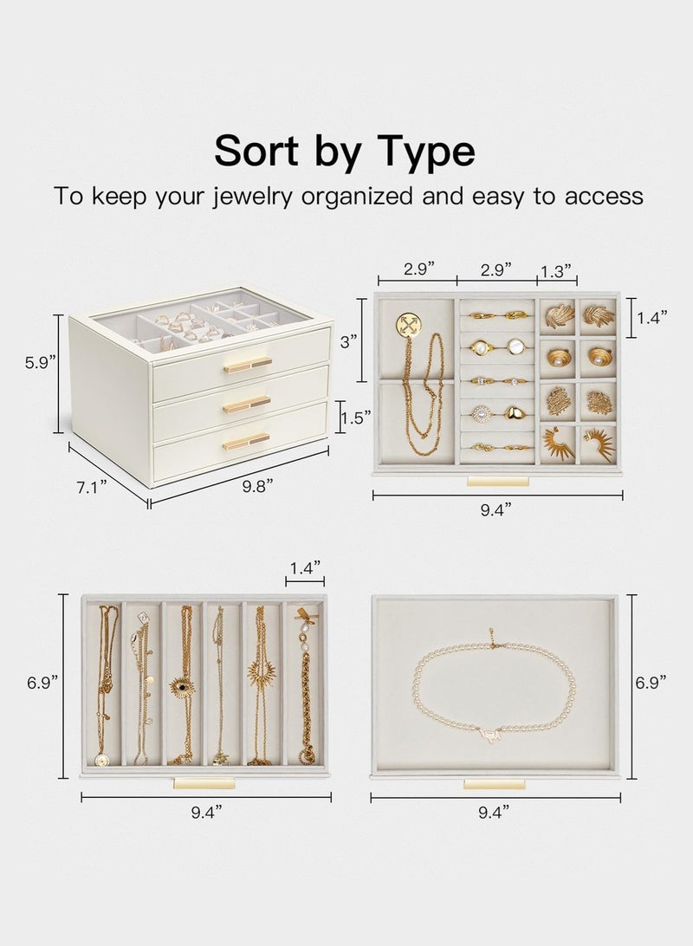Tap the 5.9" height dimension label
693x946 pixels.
point(42,362)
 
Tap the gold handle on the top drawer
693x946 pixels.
point(247,365)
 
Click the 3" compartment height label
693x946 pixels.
point(349,341)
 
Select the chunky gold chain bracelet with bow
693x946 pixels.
point(306,693)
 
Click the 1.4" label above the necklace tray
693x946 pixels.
point(305,567)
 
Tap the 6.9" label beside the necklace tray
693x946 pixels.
point(42,683)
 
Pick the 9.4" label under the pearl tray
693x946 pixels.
point(495,812)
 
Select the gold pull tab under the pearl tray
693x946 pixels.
point(494,784)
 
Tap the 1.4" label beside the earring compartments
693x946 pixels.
point(653,318)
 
